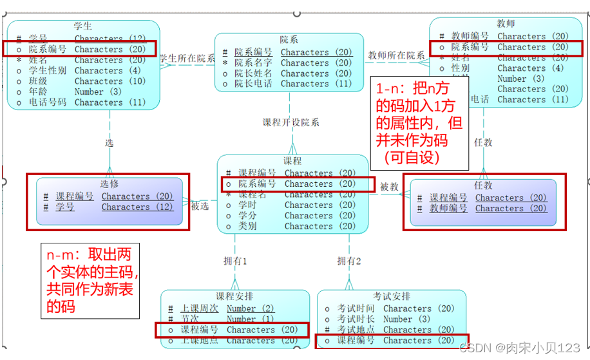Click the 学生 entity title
tap(83, 26)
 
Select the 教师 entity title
tap(506, 24)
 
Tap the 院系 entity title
tap(289, 40)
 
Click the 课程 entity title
tap(292, 161)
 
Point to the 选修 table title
tap(109, 184)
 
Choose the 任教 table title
tap(483, 185)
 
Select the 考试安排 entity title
tap(391, 296)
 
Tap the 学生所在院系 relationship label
tap(187, 58)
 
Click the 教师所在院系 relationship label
tap(396, 55)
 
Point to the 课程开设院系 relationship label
tap(291, 122)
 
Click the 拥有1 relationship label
tap(235, 261)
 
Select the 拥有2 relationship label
tap(349, 261)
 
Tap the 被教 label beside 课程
tap(390, 187)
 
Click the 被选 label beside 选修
tap(200, 205)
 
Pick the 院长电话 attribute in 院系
tap(253, 84)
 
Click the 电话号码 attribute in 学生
tap(47, 102)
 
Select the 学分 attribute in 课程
tap(247, 216)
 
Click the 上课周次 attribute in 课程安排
tap(199, 309)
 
